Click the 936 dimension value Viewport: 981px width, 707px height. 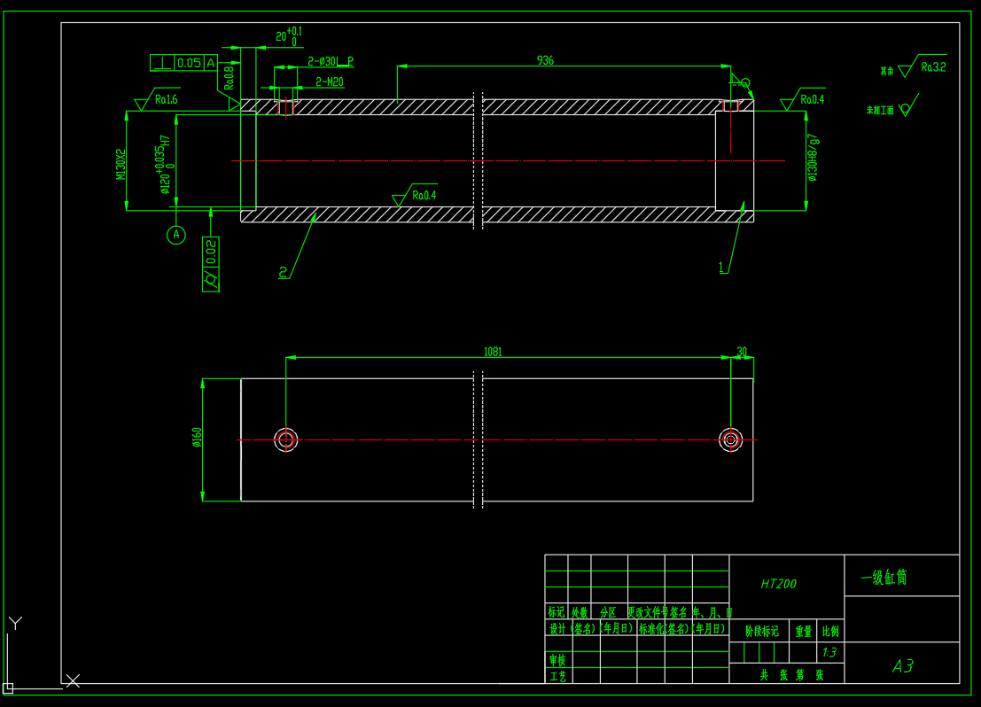point(545,60)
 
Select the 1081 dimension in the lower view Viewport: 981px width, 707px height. point(493,352)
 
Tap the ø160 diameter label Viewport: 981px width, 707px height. point(197,438)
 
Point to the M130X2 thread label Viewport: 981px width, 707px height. point(121,165)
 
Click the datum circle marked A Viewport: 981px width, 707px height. point(176,235)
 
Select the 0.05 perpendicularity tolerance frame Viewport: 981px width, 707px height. point(184,62)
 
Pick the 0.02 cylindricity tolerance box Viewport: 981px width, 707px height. point(211,264)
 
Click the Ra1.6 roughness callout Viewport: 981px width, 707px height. point(166,100)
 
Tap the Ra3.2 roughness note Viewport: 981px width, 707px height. point(933,66)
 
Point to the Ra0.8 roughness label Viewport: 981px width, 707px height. point(229,78)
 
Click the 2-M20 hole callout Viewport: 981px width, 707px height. point(330,82)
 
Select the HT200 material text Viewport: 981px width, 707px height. point(778,584)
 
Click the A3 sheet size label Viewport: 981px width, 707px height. point(902,666)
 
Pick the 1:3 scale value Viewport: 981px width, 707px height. point(829,653)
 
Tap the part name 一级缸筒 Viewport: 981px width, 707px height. point(884,578)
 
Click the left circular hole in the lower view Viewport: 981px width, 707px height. point(286,439)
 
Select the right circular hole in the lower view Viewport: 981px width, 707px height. point(730,439)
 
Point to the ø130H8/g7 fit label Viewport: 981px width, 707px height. point(813,158)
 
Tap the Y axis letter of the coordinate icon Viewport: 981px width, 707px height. point(15,623)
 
